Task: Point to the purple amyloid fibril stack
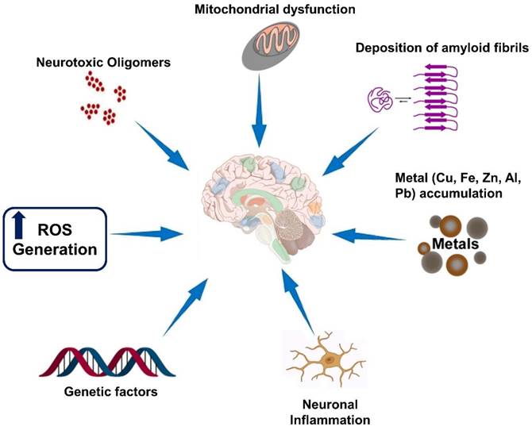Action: [438, 104]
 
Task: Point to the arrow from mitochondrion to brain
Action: [260, 120]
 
